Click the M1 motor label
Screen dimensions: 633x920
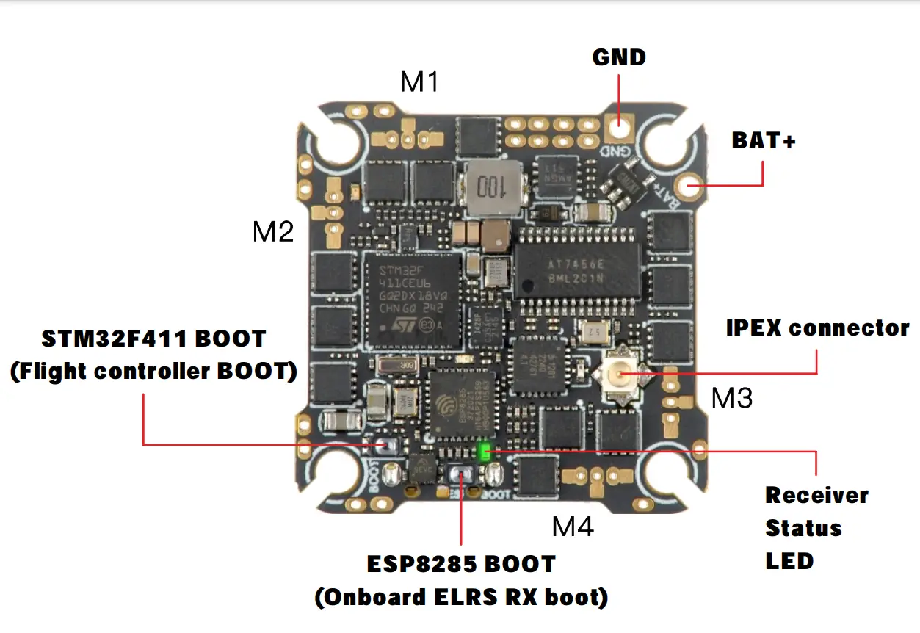(419, 82)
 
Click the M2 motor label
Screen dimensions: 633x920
(273, 232)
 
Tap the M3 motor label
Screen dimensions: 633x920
(731, 398)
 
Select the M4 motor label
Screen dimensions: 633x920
(573, 526)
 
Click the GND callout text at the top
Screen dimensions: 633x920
(619, 57)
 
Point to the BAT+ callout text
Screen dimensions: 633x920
(764, 141)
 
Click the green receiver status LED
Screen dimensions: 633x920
(485, 452)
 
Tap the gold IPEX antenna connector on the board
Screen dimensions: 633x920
(619, 375)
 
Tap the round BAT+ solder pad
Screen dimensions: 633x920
(690, 187)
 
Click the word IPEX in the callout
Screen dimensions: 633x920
(756, 328)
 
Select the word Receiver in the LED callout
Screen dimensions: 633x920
(816, 495)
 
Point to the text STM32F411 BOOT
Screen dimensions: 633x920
(153, 339)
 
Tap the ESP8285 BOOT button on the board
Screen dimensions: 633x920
(461, 476)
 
